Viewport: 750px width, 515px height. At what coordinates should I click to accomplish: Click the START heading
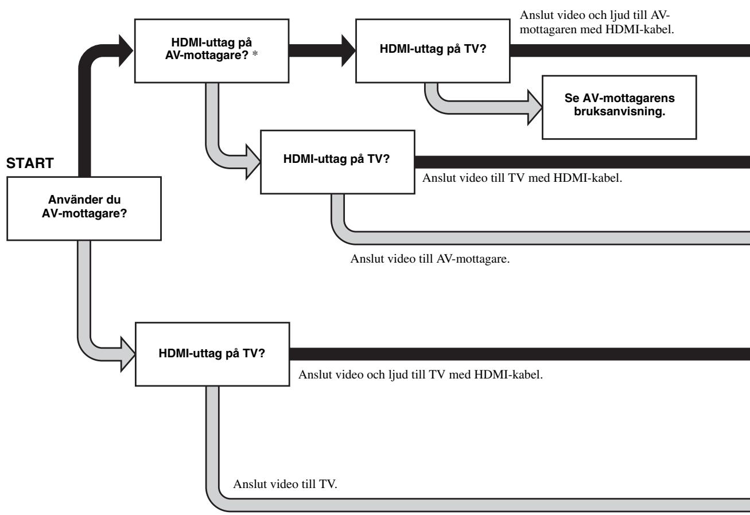click(30, 163)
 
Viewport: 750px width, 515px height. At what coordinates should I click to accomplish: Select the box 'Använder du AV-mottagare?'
click(84, 209)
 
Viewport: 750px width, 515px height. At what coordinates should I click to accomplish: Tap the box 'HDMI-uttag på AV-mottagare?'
click(212, 51)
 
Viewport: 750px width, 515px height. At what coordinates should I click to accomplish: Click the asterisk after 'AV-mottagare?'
click(255, 54)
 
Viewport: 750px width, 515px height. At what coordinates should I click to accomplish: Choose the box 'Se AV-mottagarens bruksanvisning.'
click(619, 107)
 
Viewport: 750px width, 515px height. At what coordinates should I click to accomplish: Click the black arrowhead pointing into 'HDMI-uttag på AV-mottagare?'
click(126, 51)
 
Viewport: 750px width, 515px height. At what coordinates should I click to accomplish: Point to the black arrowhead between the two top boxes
click(348, 51)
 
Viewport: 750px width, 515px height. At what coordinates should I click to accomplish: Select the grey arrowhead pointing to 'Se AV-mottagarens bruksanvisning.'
click(535, 107)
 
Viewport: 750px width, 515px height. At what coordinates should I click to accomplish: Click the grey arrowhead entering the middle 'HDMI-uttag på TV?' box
click(253, 162)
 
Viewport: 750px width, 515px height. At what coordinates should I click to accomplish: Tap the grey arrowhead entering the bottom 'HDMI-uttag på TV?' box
click(128, 354)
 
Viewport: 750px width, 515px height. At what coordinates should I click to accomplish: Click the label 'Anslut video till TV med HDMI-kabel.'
click(522, 178)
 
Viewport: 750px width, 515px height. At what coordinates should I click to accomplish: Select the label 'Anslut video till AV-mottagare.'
click(430, 259)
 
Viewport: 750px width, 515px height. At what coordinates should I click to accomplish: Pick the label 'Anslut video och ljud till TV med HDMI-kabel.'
click(420, 374)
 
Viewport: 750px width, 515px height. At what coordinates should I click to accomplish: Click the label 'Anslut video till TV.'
click(285, 484)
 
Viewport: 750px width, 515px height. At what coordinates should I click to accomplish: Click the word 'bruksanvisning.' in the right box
click(619, 111)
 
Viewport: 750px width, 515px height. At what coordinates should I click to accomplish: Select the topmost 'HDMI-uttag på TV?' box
click(433, 51)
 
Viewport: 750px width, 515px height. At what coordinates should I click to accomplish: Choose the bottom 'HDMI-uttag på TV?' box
click(212, 354)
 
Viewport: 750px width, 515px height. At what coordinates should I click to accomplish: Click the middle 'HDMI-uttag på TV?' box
click(337, 162)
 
